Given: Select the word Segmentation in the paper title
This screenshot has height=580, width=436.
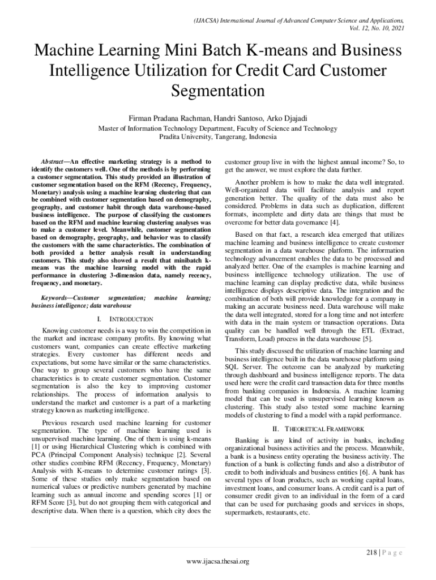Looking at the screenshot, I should (x=218, y=91).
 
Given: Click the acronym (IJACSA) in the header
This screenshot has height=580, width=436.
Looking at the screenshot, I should (x=210, y=19).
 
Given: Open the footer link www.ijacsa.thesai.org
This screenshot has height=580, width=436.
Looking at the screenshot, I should (x=218, y=561).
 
